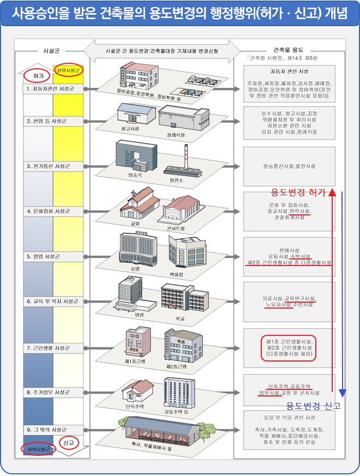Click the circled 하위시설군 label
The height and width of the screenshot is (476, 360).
[x=38, y=449]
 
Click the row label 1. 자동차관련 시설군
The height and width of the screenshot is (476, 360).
[x=50, y=88]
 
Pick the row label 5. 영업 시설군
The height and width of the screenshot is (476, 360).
[x=44, y=256]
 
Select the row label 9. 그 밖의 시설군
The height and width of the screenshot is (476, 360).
[x=46, y=429]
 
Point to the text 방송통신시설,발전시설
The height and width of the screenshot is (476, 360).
[x=289, y=166]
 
